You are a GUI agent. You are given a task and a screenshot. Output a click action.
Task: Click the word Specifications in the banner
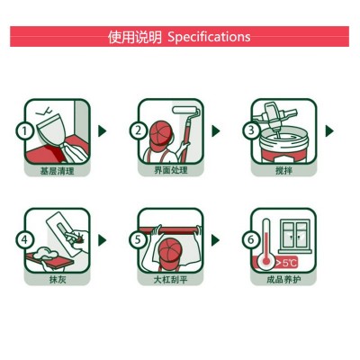coord(209,37)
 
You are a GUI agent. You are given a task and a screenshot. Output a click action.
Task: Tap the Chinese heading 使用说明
coord(135,37)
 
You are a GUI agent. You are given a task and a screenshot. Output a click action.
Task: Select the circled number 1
coord(25,130)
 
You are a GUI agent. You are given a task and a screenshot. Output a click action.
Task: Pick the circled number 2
coord(139,130)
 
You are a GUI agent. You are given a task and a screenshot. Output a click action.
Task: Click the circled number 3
coord(251,130)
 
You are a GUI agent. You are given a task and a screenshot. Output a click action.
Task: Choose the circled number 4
coord(25,240)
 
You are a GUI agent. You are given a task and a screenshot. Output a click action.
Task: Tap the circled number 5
coord(139,240)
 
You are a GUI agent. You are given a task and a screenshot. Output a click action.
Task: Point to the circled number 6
coord(251,240)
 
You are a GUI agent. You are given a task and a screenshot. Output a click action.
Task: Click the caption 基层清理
coord(58,171)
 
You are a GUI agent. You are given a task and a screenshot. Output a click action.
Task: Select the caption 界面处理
coord(171,170)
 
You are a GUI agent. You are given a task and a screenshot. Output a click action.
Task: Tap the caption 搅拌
coord(283,171)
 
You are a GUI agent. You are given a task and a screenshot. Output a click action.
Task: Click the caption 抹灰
coord(58,280)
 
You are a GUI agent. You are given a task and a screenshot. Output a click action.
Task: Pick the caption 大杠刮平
coord(171,280)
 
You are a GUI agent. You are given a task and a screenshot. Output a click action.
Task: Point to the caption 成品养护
coord(283,280)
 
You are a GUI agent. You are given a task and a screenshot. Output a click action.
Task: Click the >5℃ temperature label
coord(286,263)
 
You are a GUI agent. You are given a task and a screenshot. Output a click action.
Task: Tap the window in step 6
coord(295,236)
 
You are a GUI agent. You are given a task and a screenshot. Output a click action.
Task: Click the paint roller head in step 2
coord(186,109)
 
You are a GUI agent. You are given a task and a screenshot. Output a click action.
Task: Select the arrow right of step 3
coord(329,131)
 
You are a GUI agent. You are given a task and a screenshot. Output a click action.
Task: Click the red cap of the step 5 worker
coord(171,251)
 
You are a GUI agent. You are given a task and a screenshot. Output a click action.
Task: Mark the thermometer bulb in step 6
coord(266,261)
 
